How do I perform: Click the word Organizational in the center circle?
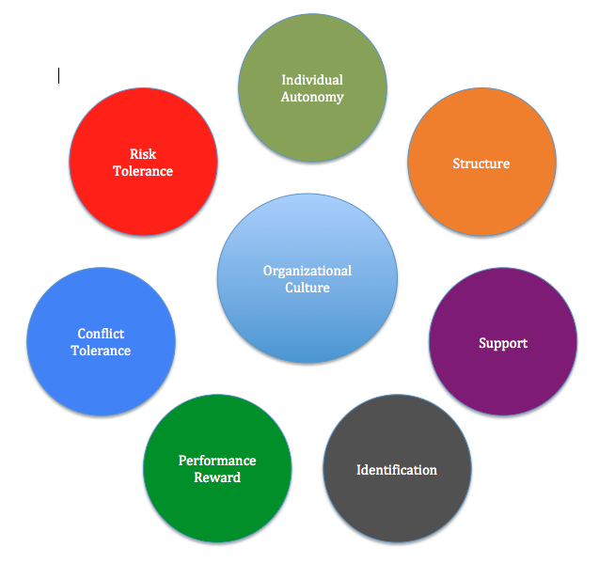[x=307, y=271]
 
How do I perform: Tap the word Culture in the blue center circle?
[x=307, y=288]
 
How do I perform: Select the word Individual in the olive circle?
[x=312, y=80]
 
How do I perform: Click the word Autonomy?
[x=312, y=97]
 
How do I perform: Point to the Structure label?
[x=481, y=164]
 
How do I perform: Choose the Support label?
[x=503, y=343]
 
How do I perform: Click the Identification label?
[x=397, y=470]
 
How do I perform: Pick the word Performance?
[x=217, y=461]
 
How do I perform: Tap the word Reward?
[x=217, y=477]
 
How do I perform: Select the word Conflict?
[x=101, y=334]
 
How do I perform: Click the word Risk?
[x=143, y=154]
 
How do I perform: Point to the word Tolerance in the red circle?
[x=143, y=171]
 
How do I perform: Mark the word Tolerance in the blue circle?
[x=101, y=351]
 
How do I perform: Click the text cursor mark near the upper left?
[x=58, y=75]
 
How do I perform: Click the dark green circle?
[x=217, y=512]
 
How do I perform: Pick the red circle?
[x=143, y=202]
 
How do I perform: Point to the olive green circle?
[x=312, y=132]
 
